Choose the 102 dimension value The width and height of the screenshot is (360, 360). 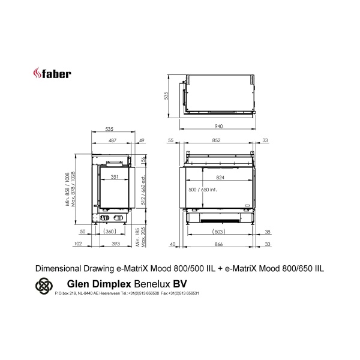[x=78, y=244]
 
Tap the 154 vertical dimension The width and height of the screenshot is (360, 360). [x=144, y=160]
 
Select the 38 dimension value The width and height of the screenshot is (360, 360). [x=268, y=231]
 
